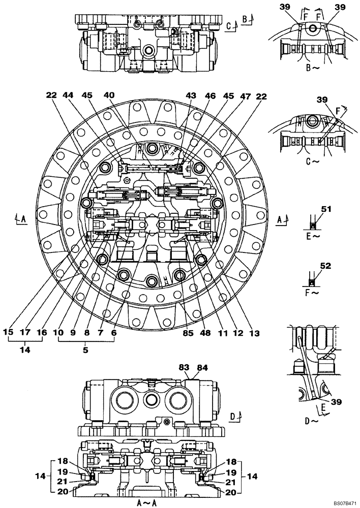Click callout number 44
pos(68,96)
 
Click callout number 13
pos(254,333)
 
